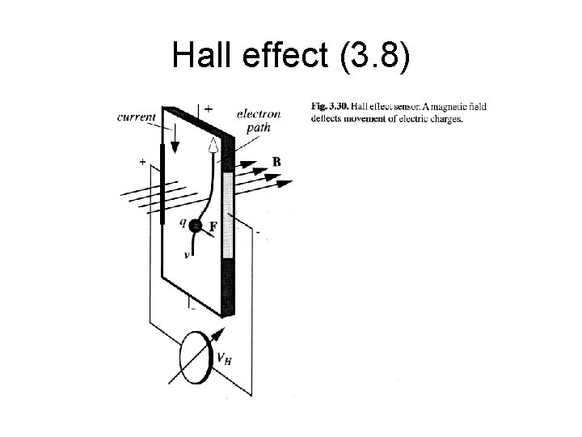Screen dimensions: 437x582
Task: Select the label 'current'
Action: tap(137, 117)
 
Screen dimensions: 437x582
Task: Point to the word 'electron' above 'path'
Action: tap(259, 114)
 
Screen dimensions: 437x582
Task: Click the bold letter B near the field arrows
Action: tap(276, 162)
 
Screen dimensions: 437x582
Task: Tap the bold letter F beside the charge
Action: tap(213, 227)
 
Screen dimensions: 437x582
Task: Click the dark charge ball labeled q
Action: tap(196, 227)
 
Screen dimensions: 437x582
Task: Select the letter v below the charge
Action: tap(187, 253)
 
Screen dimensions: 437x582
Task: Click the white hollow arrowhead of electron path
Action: tap(213, 146)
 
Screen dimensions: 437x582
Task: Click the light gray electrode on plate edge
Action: tap(228, 214)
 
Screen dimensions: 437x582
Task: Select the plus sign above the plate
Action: tap(209, 108)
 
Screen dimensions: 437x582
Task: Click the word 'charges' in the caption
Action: tap(446, 119)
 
